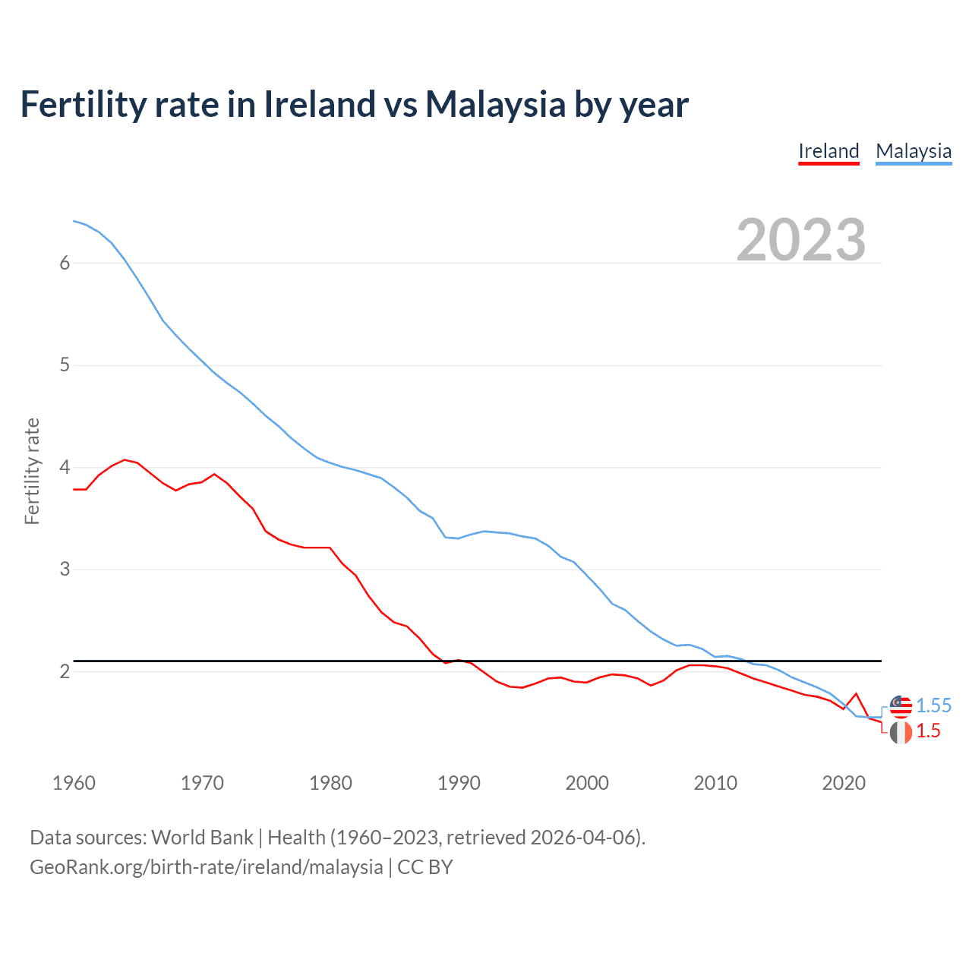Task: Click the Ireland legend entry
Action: [828, 151]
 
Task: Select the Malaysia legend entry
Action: [914, 151]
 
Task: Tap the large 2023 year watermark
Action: [800, 240]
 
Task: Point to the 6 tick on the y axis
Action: [65, 263]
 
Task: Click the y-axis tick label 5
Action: [65, 365]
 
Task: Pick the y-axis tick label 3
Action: [65, 570]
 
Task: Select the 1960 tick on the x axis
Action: [74, 783]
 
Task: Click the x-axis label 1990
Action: [459, 783]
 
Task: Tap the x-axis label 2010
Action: [715, 783]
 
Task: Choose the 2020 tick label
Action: [844, 783]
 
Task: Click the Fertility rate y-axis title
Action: [32, 471]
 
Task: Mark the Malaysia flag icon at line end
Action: [901, 706]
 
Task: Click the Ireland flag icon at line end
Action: [901, 733]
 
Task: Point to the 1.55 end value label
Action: [933, 705]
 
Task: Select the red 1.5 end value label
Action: [928, 731]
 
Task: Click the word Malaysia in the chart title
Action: [495, 104]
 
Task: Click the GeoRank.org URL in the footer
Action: [207, 867]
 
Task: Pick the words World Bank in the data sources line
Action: [202, 838]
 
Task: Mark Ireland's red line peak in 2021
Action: [857, 693]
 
